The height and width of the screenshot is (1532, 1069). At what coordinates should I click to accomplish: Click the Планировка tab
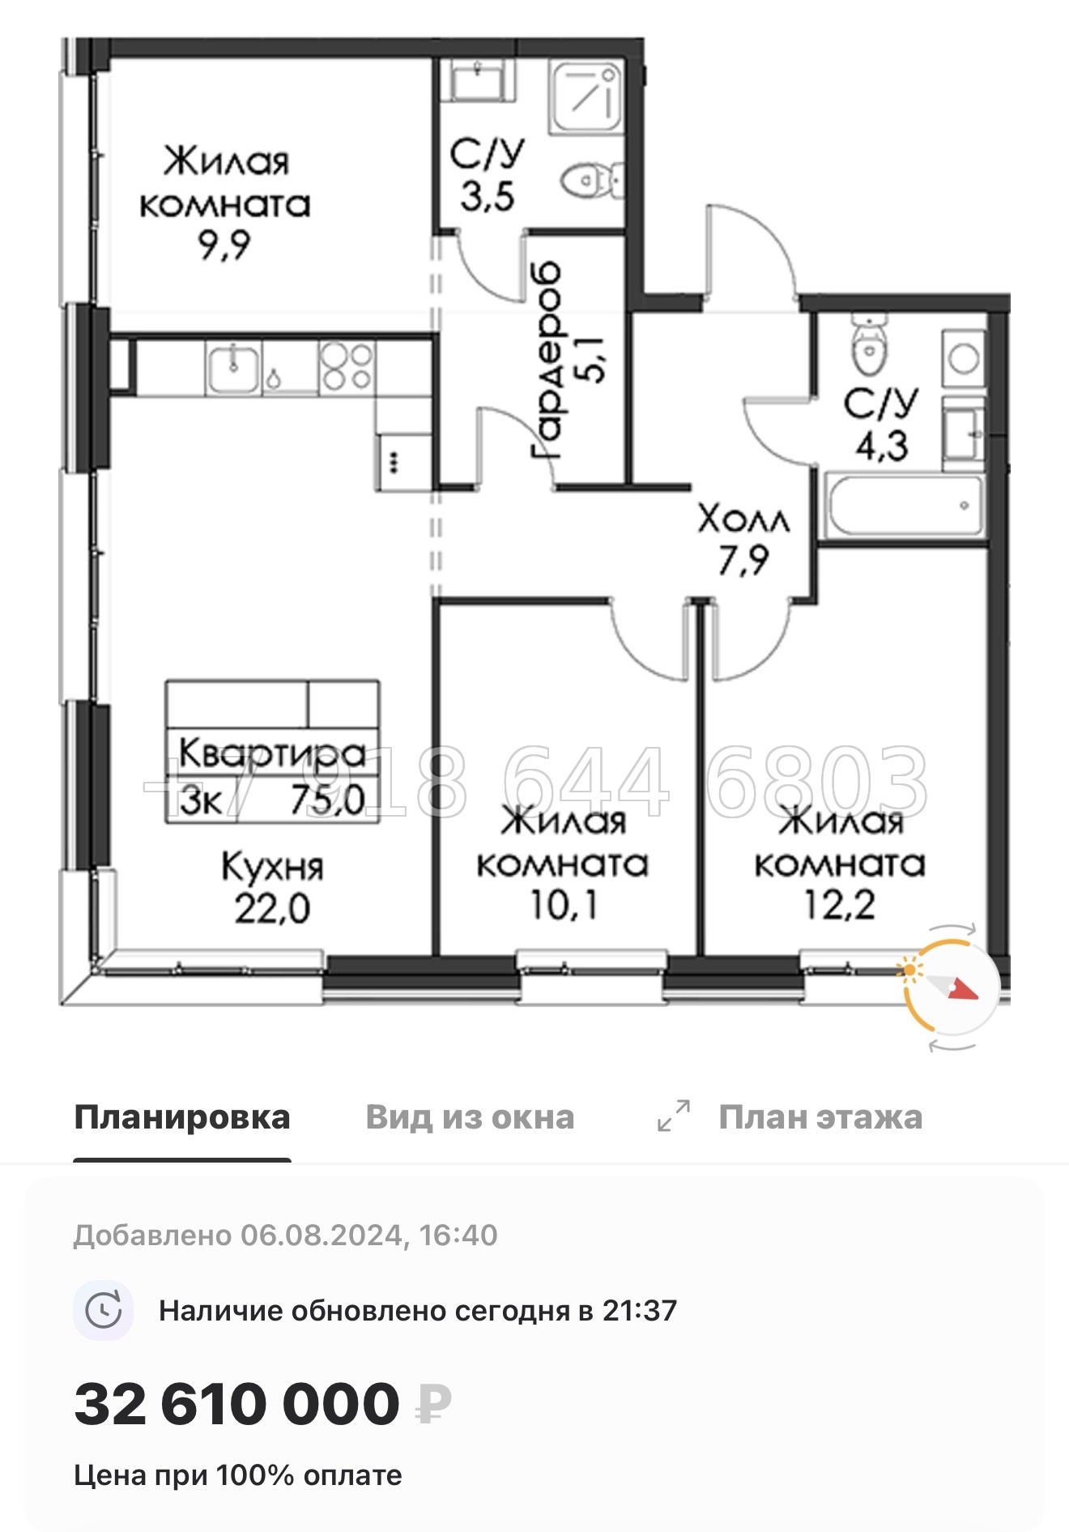point(181,1118)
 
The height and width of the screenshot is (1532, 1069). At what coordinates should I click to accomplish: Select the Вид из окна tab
point(470,1118)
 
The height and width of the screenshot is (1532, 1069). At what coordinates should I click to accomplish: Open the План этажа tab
point(820,1118)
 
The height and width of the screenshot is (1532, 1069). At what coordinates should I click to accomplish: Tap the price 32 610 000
point(236,1404)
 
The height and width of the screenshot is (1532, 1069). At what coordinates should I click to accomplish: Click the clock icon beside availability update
point(104,1310)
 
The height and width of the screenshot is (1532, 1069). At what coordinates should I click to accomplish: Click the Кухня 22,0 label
point(272,887)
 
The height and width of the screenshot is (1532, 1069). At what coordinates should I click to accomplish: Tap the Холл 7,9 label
point(743,539)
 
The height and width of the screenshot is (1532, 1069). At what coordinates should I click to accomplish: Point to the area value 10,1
point(564,904)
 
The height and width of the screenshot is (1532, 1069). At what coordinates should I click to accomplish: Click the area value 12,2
point(839,904)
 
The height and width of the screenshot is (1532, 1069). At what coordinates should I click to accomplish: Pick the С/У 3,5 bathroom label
point(488,175)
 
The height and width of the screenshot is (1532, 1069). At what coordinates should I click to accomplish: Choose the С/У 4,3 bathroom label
point(881,424)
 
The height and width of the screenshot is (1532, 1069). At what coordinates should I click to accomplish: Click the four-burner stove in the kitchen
point(347,366)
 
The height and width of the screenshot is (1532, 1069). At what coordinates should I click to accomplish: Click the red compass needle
point(964,991)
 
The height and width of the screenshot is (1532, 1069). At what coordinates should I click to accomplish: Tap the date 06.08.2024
point(321,1235)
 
